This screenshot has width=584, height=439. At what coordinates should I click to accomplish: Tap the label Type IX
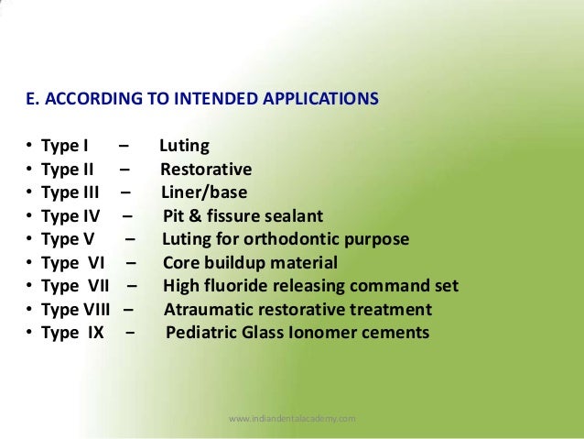(x=72, y=333)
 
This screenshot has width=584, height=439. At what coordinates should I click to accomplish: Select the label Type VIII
(x=77, y=310)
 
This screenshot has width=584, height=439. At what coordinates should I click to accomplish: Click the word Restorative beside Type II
(x=206, y=170)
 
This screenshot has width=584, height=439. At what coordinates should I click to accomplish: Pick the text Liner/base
(x=204, y=192)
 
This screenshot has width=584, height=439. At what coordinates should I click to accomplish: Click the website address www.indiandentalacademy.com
(x=291, y=418)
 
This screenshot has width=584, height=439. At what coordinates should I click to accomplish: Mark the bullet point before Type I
(x=30, y=147)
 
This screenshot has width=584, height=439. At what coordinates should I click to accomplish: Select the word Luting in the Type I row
(x=184, y=147)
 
